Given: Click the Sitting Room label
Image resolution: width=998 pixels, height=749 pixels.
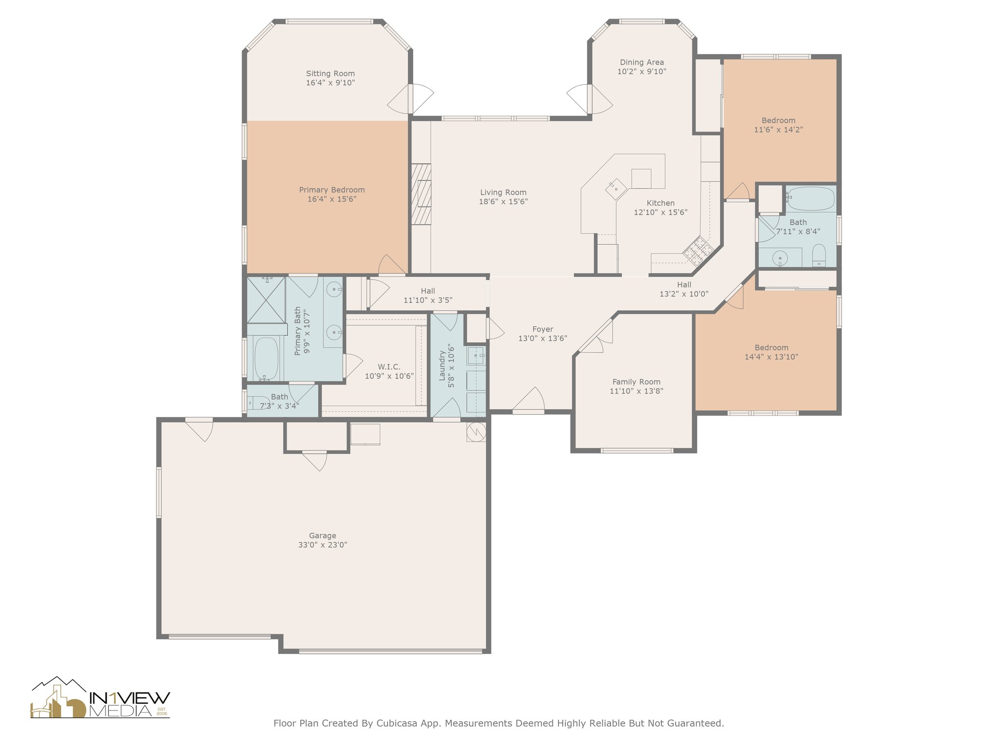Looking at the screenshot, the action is [x=330, y=74].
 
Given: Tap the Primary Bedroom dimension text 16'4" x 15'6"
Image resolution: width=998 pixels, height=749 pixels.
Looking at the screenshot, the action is [x=332, y=199].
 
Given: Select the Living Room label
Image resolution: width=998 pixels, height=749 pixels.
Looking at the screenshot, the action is [x=503, y=193].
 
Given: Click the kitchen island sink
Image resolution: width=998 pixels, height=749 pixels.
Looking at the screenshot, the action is [x=616, y=188].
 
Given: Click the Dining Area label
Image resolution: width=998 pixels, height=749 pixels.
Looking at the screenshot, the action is [x=642, y=62].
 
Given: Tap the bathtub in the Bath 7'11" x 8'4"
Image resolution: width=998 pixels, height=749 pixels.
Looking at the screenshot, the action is [x=810, y=198].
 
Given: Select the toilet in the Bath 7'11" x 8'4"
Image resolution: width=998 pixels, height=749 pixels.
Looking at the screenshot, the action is [x=819, y=255].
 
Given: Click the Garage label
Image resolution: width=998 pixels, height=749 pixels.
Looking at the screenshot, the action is [x=323, y=535].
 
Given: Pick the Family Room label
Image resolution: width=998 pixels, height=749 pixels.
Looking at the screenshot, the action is [x=636, y=382].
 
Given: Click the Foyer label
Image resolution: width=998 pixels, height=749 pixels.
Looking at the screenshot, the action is [x=542, y=329].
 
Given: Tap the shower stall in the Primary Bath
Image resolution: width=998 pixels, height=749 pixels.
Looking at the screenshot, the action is [x=266, y=299].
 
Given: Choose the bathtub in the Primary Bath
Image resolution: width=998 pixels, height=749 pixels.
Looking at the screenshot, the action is [x=266, y=358].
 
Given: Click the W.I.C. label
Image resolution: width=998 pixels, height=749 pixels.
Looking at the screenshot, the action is [x=389, y=367].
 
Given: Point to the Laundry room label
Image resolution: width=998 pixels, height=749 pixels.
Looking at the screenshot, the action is [x=442, y=365].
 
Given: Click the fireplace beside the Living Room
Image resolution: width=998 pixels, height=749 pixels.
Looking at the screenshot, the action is [x=421, y=194].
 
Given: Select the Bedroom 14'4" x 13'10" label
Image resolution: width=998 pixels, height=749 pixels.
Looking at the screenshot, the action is [x=771, y=348].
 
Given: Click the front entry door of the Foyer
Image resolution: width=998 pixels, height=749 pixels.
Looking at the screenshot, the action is [x=528, y=400].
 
